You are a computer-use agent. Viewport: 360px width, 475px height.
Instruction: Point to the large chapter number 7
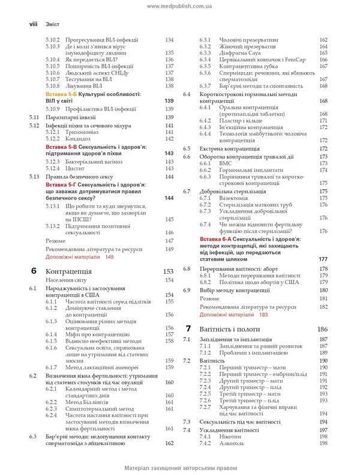(188, 328)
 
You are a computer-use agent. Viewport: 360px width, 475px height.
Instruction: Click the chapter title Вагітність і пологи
(230, 329)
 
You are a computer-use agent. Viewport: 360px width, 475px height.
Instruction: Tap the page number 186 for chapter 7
(322, 329)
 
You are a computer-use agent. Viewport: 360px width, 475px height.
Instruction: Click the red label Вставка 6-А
(219, 238)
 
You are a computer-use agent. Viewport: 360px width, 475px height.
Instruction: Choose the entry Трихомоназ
(80, 132)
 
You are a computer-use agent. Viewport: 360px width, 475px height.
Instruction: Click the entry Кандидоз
(77, 139)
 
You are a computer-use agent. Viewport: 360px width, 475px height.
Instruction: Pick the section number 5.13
(34, 177)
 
